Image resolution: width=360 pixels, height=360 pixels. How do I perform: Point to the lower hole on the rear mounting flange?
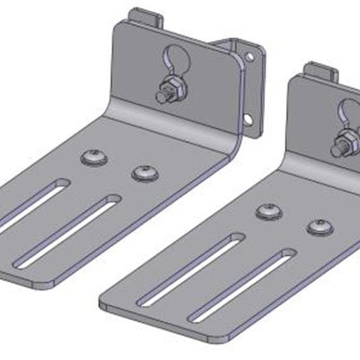248,119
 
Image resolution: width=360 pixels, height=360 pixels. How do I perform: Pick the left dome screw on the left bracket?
92,157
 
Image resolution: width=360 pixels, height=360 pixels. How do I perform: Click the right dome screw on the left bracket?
143,173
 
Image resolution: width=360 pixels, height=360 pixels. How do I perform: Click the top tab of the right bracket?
320,69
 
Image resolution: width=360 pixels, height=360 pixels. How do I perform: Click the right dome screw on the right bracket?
320,227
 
